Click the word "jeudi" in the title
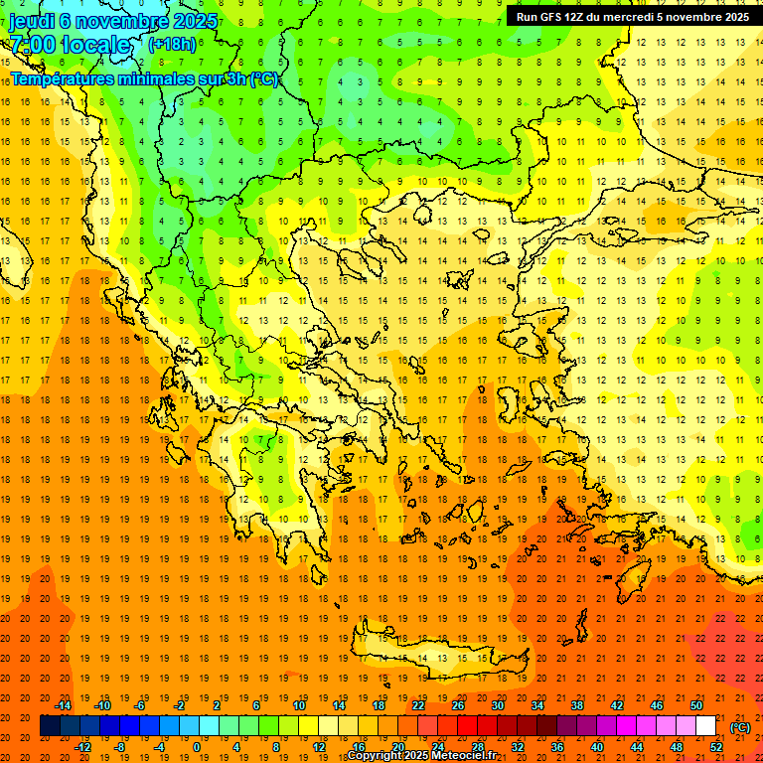coord(32,20)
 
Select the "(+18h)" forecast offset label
coord(172,45)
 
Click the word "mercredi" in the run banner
coord(642,16)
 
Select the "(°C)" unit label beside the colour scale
coord(739,727)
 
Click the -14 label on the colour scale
coord(66,705)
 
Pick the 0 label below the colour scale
coord(197,747)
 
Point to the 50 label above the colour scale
coord(696,705)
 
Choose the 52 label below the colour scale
coord(716,747)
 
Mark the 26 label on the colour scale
coord(458,705)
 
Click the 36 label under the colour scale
coord(556,747)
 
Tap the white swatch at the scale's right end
coord(705,726)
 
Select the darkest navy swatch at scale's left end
coord(50,726)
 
